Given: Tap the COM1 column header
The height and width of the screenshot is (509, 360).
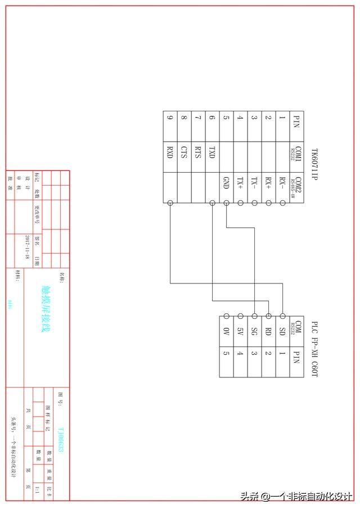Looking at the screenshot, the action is tap(297, 154).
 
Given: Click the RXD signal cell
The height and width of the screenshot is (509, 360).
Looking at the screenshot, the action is tap(170, 152).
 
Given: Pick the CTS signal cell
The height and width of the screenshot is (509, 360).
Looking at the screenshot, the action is tap(184, 152).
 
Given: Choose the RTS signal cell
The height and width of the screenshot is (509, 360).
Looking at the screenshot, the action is tap(198, 152).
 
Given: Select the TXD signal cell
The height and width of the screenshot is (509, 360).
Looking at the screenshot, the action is tap(212, 152).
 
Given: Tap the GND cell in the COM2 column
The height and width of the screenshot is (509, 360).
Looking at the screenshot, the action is tap(226, 183).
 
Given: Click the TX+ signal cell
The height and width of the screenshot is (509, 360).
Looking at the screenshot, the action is tap(240, 183).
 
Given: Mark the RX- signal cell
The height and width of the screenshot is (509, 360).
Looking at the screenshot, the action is tap(282, 183).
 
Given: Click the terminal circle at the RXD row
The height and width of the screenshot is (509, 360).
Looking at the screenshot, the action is tap(170, 202).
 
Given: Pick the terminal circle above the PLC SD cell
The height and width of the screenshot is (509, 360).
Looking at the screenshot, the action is tap(282, 316).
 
